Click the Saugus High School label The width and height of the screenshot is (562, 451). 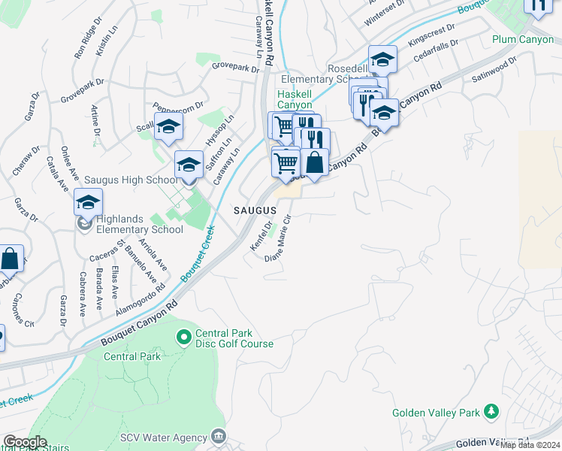click(x=130, y=180)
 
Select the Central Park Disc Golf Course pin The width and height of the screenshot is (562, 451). click(x=183, y=338)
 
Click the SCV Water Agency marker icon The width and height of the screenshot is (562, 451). click(x=219, y=437)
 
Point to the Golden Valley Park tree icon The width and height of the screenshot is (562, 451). click(x=491, y=412)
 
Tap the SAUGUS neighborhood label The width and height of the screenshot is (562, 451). click(x=255, y=213)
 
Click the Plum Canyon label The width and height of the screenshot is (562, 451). click(x=523, y=39)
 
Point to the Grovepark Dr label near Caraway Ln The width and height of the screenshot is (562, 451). click(x=235, y=67)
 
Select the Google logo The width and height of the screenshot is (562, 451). click(x=24, y=442)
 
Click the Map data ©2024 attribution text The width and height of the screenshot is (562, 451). click(x=530, y=445)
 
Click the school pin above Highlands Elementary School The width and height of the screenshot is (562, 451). click(x=88, y=203)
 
